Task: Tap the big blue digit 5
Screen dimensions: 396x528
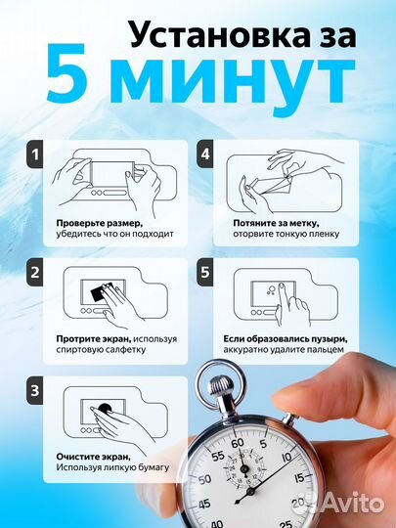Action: click(67, 73)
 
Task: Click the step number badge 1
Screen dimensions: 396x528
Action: click(35, 154)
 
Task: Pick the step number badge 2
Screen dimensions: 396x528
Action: click(35, 273)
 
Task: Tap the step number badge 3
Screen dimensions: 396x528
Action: click(35, 390)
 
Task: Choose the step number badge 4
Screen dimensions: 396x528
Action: click(205, 154)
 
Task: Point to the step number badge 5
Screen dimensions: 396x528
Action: click(205, 273)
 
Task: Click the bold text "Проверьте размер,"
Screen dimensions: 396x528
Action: click(98, 224)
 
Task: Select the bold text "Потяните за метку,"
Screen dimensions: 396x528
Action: click(276, 224)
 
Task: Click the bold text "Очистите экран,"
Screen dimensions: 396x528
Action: click(93, 457)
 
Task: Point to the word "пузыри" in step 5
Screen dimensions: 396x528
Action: click(322, 339)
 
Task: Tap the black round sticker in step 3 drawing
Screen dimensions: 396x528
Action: click(105, 409)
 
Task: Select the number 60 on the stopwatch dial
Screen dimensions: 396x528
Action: click(238, 443)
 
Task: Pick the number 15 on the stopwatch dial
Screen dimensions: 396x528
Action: click(299, 478)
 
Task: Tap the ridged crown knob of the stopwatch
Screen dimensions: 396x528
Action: click(221, 385)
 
